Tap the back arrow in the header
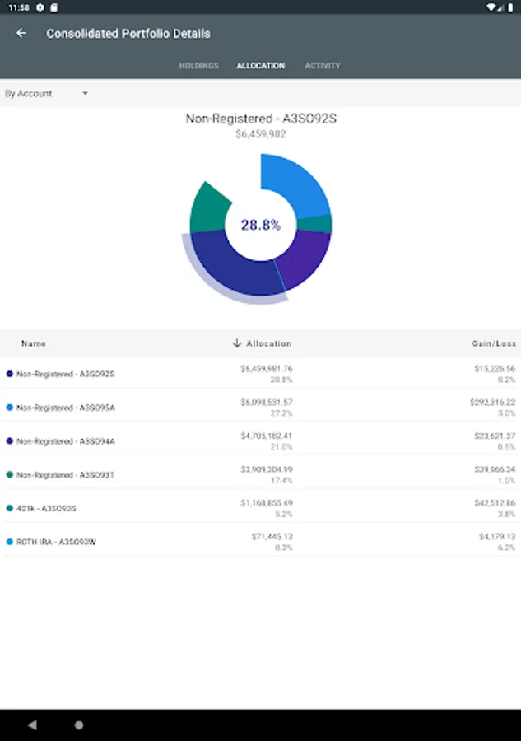coord(21,34)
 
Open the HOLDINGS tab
coord(198,66)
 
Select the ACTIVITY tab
coord(323,66)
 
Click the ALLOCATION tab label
coord(260,66)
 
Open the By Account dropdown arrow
coord(85,94)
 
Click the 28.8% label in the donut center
coord(260,225)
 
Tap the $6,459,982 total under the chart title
coord(260,134)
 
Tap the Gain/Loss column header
coord(495,343)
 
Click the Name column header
coord(34,343)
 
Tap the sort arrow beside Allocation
coord(237,343)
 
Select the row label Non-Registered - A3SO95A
coord(66,408)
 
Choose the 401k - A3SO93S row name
coord(46,509)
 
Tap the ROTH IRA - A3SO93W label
coord(56,543)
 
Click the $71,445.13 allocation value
coord(272,537)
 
